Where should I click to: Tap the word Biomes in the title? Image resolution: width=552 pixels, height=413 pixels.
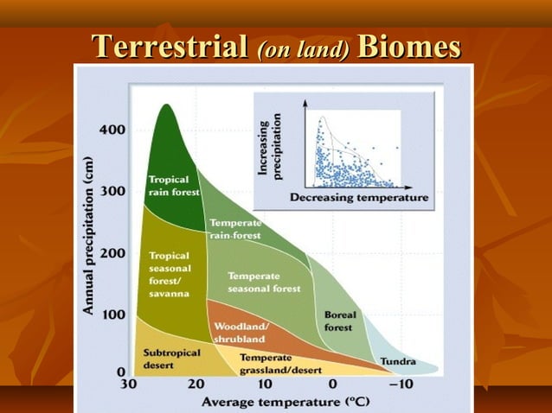tap(408, 47)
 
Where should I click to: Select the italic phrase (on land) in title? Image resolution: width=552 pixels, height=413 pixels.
tap(304, 48)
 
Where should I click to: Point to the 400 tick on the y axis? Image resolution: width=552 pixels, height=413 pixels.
tap(114, 130)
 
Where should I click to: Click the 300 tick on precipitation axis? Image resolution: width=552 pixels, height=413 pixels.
tap(114, 191)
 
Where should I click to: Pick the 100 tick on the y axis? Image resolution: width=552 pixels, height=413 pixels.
tap(114, 314)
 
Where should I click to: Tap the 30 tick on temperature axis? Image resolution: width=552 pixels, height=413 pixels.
tap(128, 384)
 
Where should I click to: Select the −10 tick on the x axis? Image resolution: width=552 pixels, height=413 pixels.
tap(400, 384)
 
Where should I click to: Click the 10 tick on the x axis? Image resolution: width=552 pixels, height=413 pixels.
tap(264, 384)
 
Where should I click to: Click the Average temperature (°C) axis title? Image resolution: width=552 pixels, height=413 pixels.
tap(270, 402)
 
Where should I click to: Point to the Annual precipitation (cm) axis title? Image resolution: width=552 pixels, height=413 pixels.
tap(89, 236)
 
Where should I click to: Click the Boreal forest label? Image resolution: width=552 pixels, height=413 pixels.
tap(339, 321)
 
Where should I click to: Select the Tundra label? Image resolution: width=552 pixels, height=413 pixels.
tap(397, 361)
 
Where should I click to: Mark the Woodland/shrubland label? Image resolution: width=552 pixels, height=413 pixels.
tap(241, 332)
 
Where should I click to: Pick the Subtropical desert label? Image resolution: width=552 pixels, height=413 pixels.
tap(171, 358)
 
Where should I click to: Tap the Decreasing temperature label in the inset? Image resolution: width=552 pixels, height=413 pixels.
tap(359, 198)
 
